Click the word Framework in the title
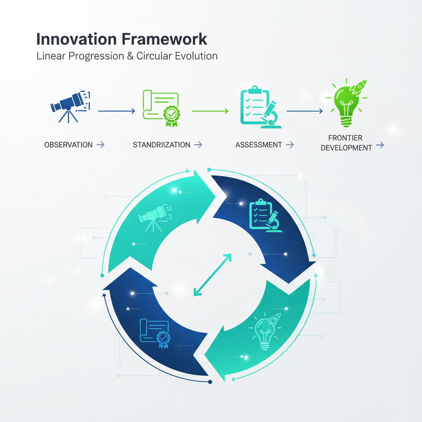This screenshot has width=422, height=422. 165,39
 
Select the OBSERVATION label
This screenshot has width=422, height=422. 68,145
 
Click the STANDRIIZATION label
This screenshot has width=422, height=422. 162,145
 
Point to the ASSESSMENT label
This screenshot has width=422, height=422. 259,145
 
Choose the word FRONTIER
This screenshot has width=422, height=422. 345,138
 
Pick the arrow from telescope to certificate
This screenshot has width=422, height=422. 117,110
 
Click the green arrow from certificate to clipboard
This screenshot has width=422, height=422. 210,110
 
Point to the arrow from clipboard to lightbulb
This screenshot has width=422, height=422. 304,110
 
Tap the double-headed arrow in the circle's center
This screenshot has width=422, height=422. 212,275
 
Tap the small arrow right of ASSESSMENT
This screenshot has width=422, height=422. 290,145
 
